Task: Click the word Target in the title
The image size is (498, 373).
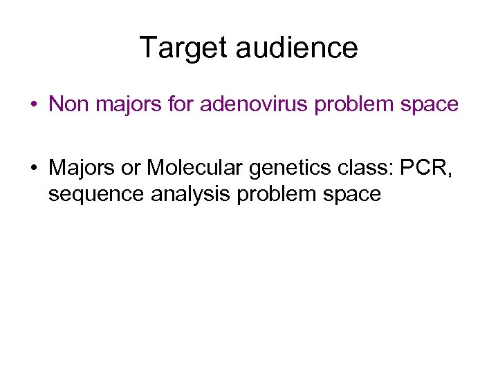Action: tap(183, 48)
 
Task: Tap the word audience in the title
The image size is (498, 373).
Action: tap(297, 48)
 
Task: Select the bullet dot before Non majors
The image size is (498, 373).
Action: tap(33, 105)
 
